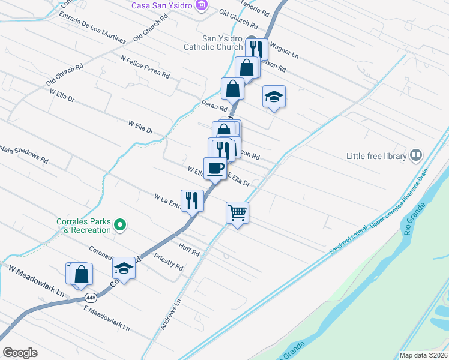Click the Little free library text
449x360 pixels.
click(376, 156)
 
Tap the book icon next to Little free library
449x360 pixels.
click(415, 156)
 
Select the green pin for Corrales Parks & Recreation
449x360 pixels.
click(120, 225)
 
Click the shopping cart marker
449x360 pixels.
click(237, 212)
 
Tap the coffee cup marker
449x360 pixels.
click(215, 168)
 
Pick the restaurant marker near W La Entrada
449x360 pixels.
click(192, 199)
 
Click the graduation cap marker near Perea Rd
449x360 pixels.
click(274, 97)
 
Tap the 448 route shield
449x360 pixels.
click(91, 298)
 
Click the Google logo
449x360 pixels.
click(20, 352)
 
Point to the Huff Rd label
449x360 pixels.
click(188, 249)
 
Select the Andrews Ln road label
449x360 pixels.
click(170, 310)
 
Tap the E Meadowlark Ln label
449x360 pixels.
click(107, 319)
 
